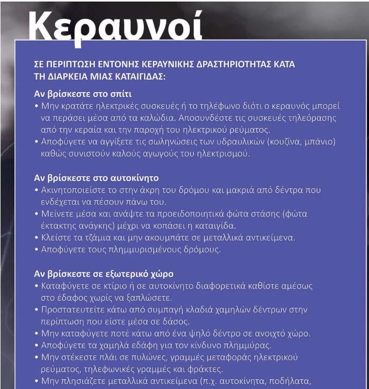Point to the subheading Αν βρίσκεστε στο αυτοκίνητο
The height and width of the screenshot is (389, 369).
96,178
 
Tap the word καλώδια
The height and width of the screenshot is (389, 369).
149,118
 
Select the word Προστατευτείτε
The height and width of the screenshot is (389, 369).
71,310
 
